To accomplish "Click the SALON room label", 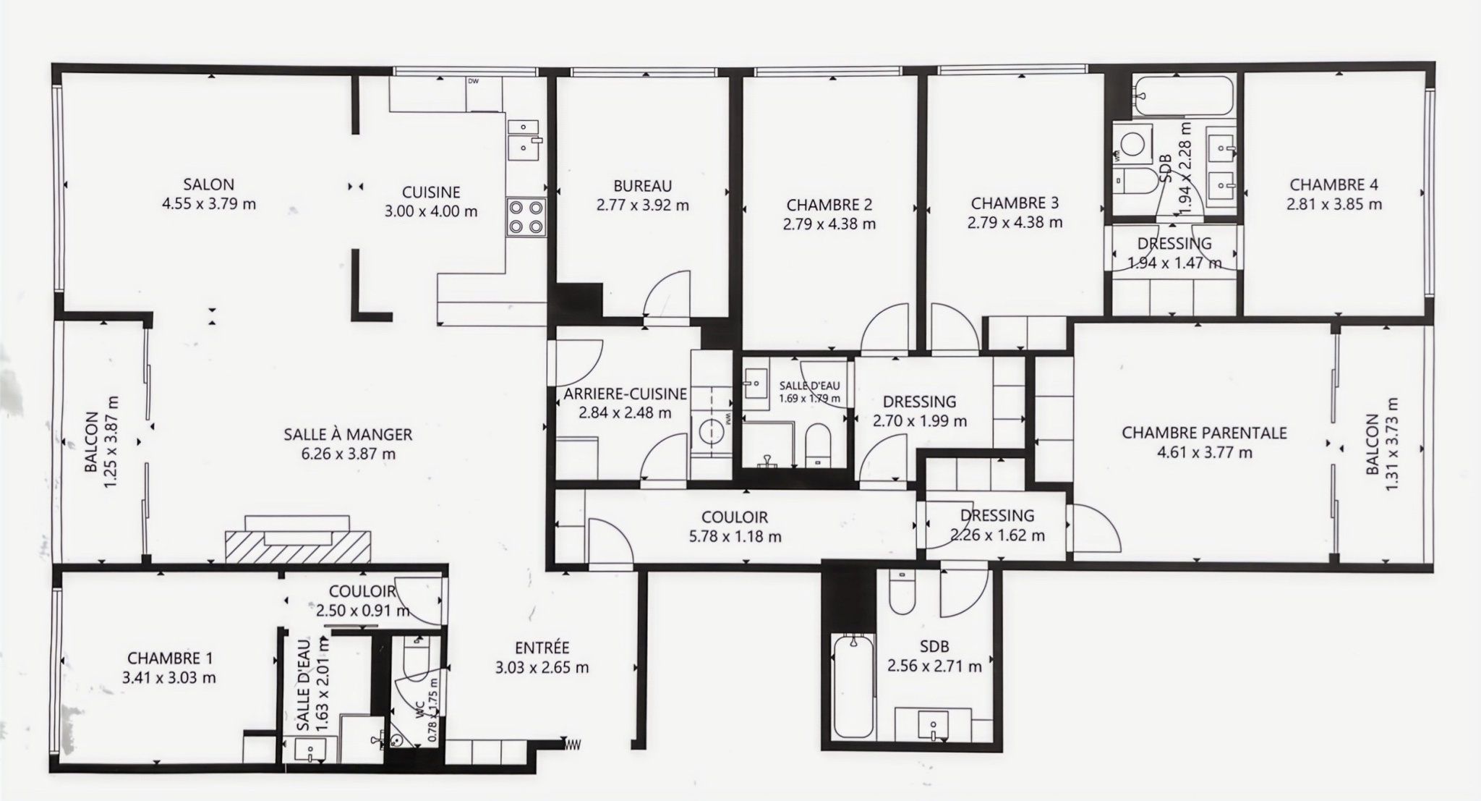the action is click(x=208, y=185).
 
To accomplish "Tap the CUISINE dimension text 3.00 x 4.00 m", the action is click(x=431, y=212).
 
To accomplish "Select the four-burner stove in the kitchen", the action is click(x=526, y=216).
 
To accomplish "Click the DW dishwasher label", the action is click(x=474, y=81).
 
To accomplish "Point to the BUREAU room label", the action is click(x=643, y=186).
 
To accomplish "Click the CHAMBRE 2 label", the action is click(x=829, y=205).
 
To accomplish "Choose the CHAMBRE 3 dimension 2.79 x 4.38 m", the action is click(x=1015, y=223).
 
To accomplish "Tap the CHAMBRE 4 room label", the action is click(x=1328, y=185).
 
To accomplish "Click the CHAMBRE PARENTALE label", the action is click(x=1204, y=433).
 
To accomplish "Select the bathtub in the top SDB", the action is click(x=1183, y=96).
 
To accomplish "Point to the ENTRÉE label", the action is click(x=542, y=648).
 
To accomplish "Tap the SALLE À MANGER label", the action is click(x=348, y=434).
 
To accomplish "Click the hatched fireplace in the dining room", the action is click(x=297, y=546).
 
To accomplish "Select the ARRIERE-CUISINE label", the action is click(x=626, y=394).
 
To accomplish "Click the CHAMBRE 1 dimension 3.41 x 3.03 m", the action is click(x=170, y=678).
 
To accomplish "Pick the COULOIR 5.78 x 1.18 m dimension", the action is click(x=734, y=537).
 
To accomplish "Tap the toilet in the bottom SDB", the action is click(x=901, y=594).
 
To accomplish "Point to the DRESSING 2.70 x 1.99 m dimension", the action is click(x=920, y=421).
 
